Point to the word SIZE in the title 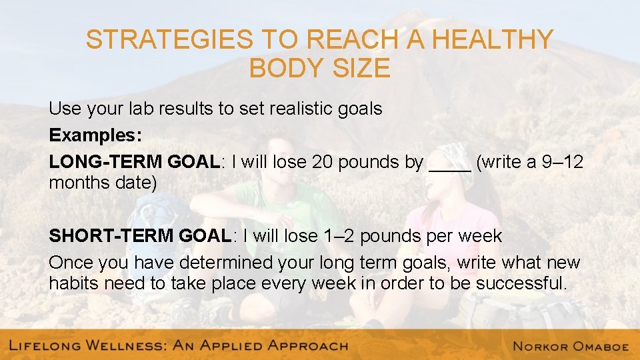click(363, 69)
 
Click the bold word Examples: click(95, 135)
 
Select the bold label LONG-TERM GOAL click(134, 162)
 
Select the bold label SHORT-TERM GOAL click(139, 236)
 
